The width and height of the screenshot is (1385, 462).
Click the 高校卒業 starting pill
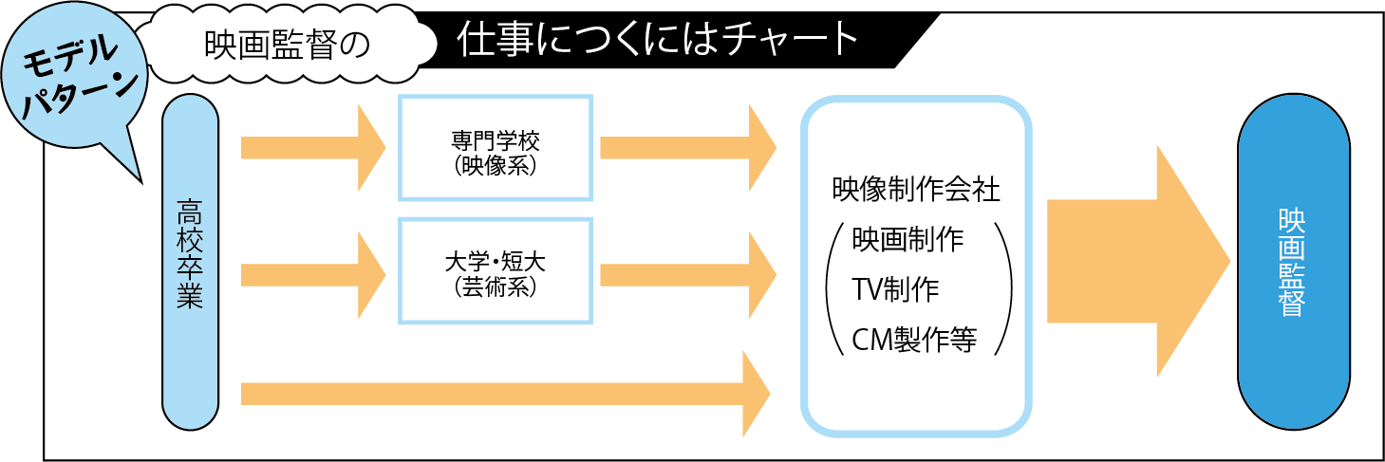(191, 261)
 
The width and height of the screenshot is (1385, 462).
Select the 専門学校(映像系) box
(496, 148)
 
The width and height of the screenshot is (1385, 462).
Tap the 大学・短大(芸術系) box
(496, 271)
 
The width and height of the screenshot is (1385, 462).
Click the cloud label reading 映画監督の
(286, 45)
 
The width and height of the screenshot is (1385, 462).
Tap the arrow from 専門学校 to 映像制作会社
(687, 148)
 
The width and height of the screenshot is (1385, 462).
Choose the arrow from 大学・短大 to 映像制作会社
(687, 275)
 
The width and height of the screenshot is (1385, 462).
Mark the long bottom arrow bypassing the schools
(503, 393)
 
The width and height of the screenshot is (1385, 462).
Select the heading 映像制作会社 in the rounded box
(915, 190)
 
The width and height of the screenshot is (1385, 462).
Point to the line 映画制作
(908, 239)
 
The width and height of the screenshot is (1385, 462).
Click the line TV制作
(896, 288)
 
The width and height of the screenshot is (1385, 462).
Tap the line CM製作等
(914, 339)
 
